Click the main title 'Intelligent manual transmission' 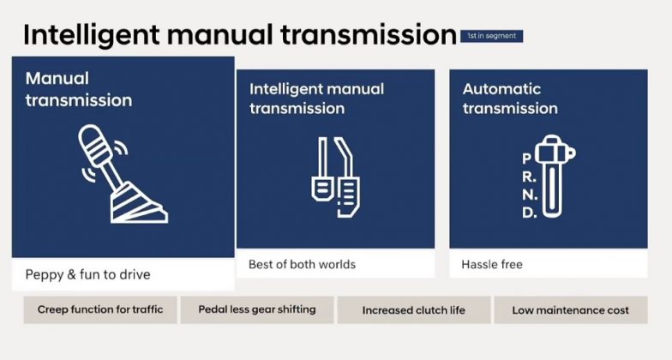pos(239,34)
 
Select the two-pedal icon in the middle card pos(334,176)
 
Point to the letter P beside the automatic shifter pos(526,159)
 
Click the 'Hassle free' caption pos(492,264)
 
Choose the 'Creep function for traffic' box pos(99,309)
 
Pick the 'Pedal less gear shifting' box pos(256,309)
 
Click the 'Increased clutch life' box pos(413,310)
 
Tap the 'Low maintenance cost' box pos(570,310)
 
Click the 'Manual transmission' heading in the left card pos(79,89)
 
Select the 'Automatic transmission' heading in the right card pos(510,98)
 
